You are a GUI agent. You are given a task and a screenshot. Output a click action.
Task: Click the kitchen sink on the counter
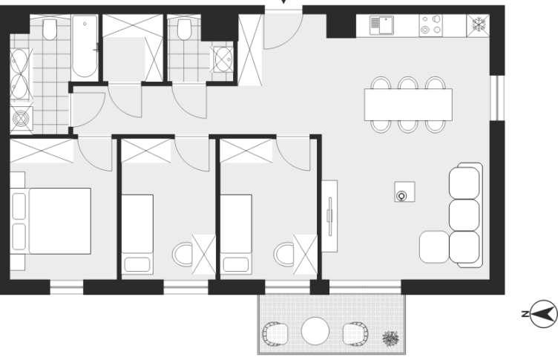[x=381, y=25]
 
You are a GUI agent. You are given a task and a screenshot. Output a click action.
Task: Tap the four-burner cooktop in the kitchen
[x=430, y=25]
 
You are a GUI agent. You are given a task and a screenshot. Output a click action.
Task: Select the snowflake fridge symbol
[x=479, y=24]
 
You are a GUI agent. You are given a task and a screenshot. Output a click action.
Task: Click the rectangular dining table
[x=408, y=105]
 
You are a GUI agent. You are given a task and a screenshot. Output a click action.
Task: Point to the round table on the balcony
[x=315, y=331]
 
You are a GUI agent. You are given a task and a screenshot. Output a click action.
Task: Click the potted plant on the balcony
[x=390, y=338]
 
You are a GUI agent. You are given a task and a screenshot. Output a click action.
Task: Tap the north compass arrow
[x=544, y=314]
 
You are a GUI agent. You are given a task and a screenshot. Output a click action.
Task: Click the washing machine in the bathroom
[x=21, y=120]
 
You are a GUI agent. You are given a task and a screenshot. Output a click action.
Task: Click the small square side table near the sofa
[x=404, y=192]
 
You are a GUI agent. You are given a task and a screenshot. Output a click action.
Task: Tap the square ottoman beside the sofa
[x=434, y=246]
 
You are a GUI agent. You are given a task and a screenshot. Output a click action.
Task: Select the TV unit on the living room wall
[x=329, y=216]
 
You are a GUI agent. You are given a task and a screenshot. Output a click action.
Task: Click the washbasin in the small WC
[x=223, y=59]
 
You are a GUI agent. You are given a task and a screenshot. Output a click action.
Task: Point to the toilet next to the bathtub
[x=50, y=29]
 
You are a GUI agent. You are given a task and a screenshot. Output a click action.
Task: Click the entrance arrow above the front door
[x=283, y=1]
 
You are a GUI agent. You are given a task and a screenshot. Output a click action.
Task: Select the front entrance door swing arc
[x=291, y=40]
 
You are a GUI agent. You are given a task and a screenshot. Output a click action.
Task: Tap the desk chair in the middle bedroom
[x=183, y=254]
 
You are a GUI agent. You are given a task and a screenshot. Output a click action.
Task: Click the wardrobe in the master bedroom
[x=42, y=151]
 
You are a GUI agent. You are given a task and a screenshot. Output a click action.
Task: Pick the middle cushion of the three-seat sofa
[x=464, y=215]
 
